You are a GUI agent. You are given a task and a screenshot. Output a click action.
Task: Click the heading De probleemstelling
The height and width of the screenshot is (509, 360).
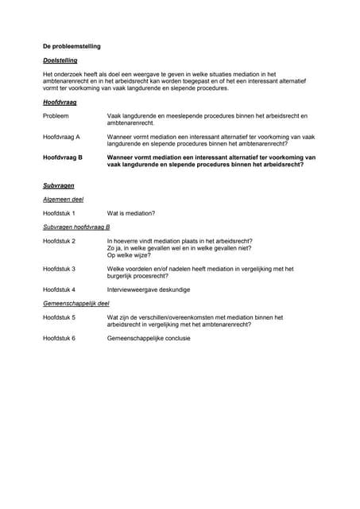coord(72,47)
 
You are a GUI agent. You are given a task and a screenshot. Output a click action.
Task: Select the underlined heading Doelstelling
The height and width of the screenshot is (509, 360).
coord(60,60)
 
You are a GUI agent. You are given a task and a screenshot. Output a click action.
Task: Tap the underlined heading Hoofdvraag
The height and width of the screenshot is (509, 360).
coord(60,103)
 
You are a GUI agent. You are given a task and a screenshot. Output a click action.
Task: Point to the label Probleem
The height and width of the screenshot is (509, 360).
coord(56,116)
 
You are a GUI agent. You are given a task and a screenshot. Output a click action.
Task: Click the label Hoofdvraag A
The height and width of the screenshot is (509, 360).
coord(61,138)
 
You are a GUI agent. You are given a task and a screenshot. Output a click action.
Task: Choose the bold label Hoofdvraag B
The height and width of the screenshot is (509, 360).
coord(63,158)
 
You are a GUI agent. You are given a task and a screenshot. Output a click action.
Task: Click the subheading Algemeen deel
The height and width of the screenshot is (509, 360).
coord(63,199)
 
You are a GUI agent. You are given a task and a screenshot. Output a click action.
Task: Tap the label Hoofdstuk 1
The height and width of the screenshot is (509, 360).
coord(60,213)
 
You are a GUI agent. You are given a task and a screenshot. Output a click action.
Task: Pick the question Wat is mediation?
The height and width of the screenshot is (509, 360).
coord(131,213)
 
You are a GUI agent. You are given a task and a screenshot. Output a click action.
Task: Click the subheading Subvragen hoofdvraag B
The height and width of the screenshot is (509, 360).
coord(76,227)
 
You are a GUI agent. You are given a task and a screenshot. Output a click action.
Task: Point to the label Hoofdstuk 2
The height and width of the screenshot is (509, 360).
coord(60,240)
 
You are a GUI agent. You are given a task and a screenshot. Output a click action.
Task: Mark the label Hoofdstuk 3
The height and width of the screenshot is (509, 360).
coord(60,269)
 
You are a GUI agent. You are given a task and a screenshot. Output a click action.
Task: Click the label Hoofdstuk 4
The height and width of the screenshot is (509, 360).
coord(60,289)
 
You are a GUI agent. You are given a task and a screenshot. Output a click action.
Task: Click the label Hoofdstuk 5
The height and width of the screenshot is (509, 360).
coord(60,317)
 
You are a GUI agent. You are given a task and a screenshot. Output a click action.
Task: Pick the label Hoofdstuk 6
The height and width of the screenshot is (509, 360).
coord(60,338)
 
